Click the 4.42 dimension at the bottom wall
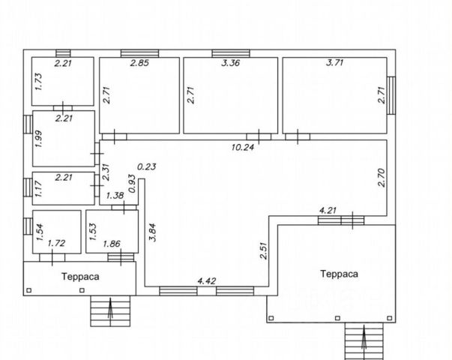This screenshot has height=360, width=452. click(206, 281)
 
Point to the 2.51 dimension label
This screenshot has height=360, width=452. click(264, 249)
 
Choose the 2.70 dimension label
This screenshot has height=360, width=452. click(381, 178)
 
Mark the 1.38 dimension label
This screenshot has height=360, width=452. click(115, 196)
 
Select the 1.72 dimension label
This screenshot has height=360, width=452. click(56, 244)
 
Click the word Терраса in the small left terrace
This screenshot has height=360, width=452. click(80, 276)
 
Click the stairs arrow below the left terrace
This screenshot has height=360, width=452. click(110, 309)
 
